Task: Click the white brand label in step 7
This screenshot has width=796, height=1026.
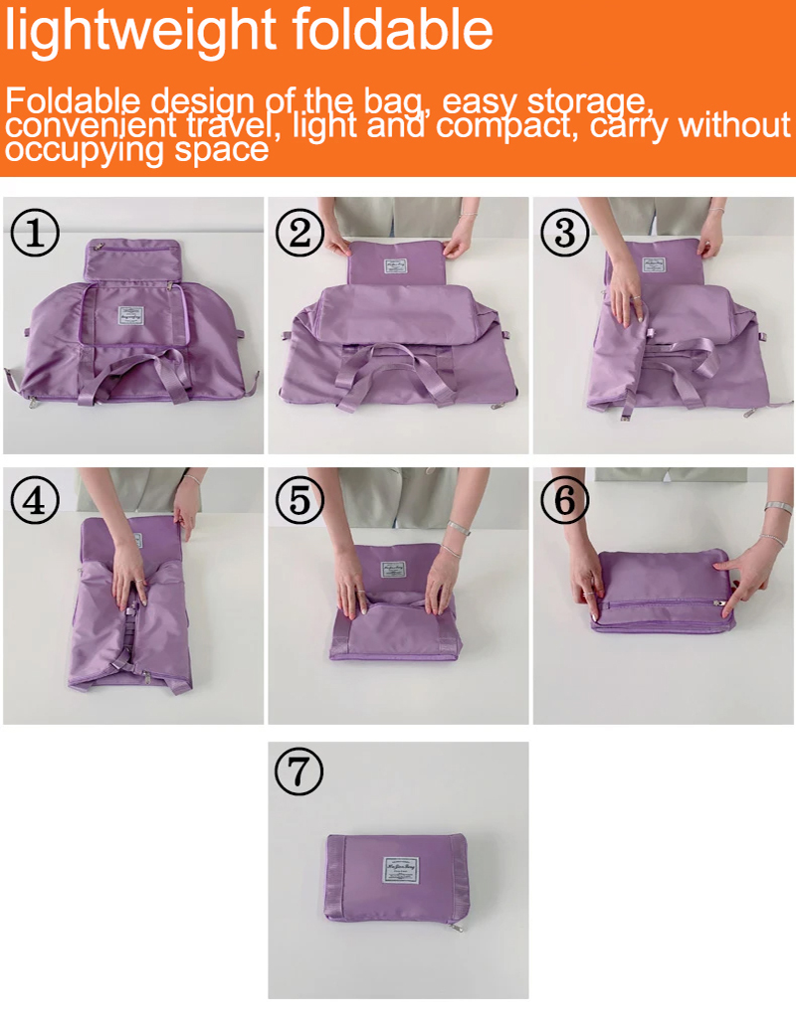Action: pyautogui.click(x=400, y=869)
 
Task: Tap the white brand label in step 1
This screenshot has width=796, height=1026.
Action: pyautogui.click(x=132, y=316)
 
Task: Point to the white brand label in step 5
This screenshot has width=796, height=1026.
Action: pyautogui.click(x=393, y=571)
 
